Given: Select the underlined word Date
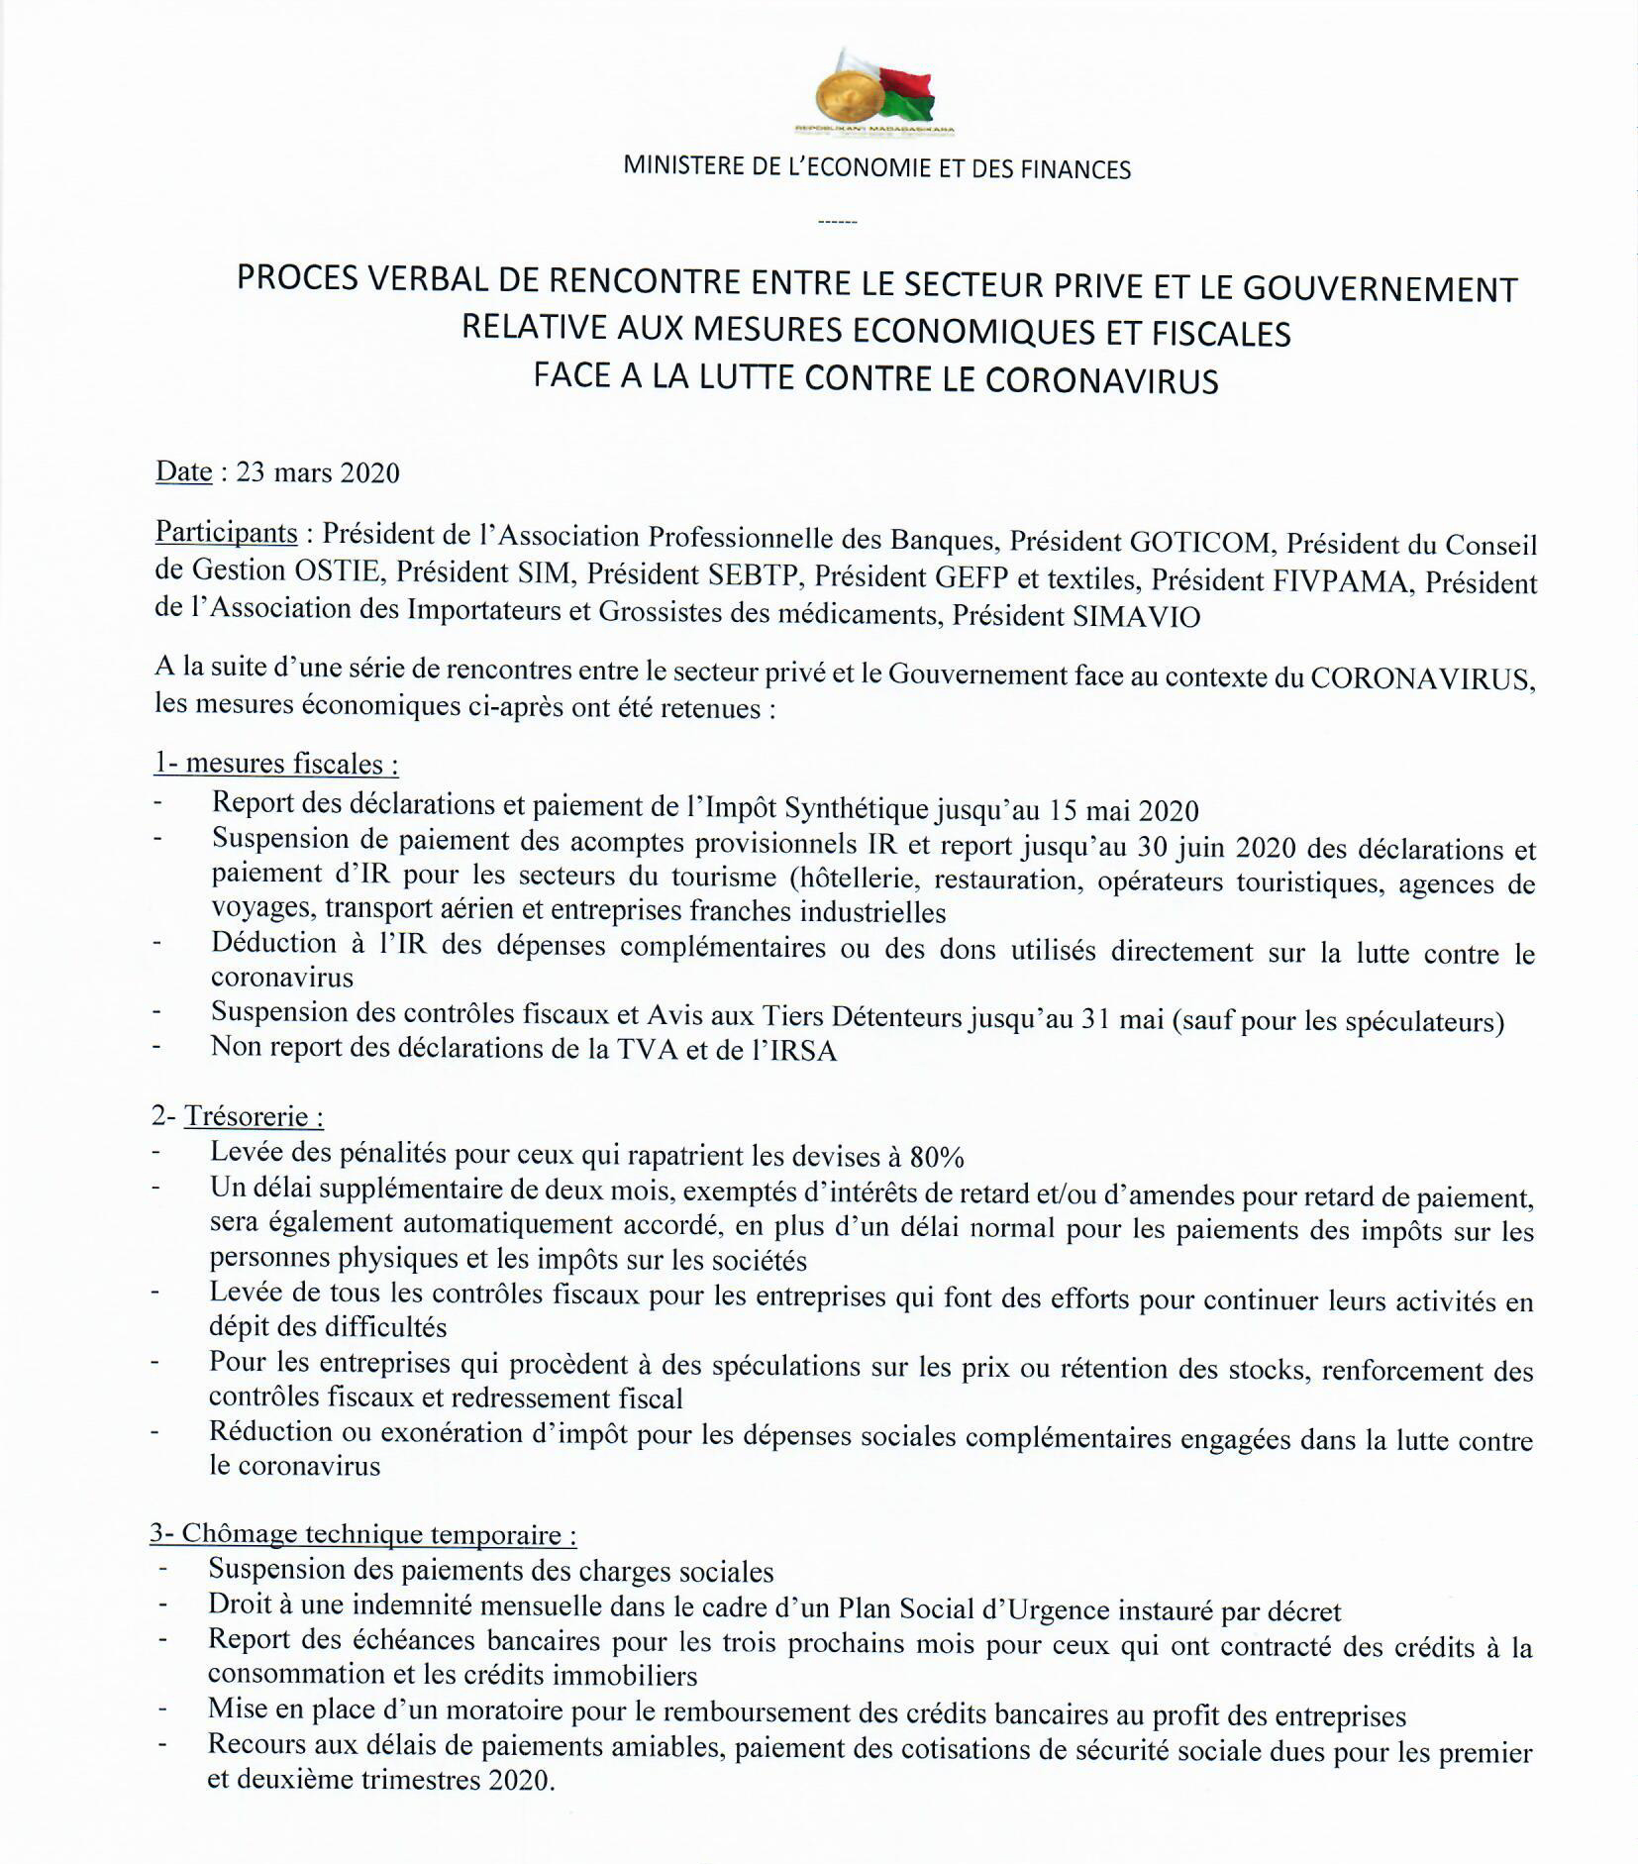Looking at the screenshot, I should [183, 471].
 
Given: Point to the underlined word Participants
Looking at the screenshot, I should [226, 533].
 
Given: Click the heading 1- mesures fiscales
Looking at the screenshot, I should [276, 764].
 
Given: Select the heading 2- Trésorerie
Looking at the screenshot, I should [238, 1116].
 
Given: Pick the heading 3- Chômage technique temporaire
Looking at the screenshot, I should [362, 1535].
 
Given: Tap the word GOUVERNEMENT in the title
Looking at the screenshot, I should [1380, 289].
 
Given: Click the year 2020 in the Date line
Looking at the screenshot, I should [369, 472].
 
